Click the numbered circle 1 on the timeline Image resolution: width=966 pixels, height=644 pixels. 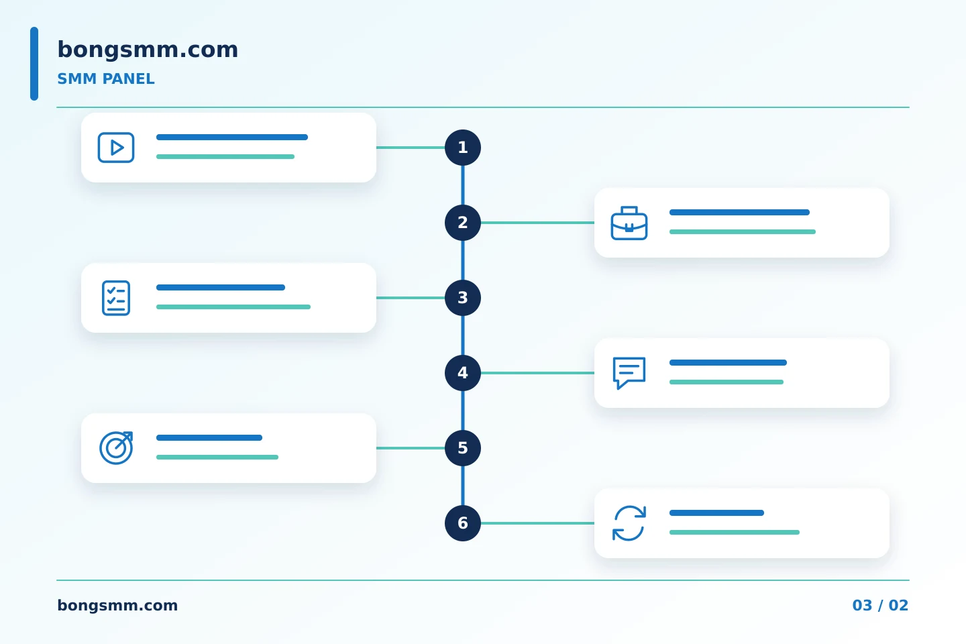coord(463,148)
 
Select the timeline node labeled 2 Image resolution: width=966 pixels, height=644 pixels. coord(463,223)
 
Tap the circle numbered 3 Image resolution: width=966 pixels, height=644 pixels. coord(463,298)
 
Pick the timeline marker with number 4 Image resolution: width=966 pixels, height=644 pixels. coord(463,373)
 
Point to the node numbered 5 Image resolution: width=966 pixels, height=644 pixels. coord(463,448)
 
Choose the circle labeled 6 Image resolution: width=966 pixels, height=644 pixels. coord(463,523)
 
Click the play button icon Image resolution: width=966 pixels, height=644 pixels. coord(116,148)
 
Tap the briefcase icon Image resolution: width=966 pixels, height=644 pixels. coord(629,223)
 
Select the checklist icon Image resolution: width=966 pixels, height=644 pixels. coord(116,298)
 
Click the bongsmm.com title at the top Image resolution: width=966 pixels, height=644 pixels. coord(148,50)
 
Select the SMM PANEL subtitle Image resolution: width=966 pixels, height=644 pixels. coord(106,79)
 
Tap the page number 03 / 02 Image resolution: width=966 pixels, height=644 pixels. coord(880,605)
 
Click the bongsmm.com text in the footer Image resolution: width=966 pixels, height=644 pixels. coord(117,606)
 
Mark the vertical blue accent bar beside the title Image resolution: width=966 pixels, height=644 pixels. coord(34,64)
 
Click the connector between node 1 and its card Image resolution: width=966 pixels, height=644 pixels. coord(411,148)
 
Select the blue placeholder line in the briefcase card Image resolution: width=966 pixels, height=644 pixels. coord(739,212)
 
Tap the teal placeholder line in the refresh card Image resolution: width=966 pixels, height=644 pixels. coord(735,532)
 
